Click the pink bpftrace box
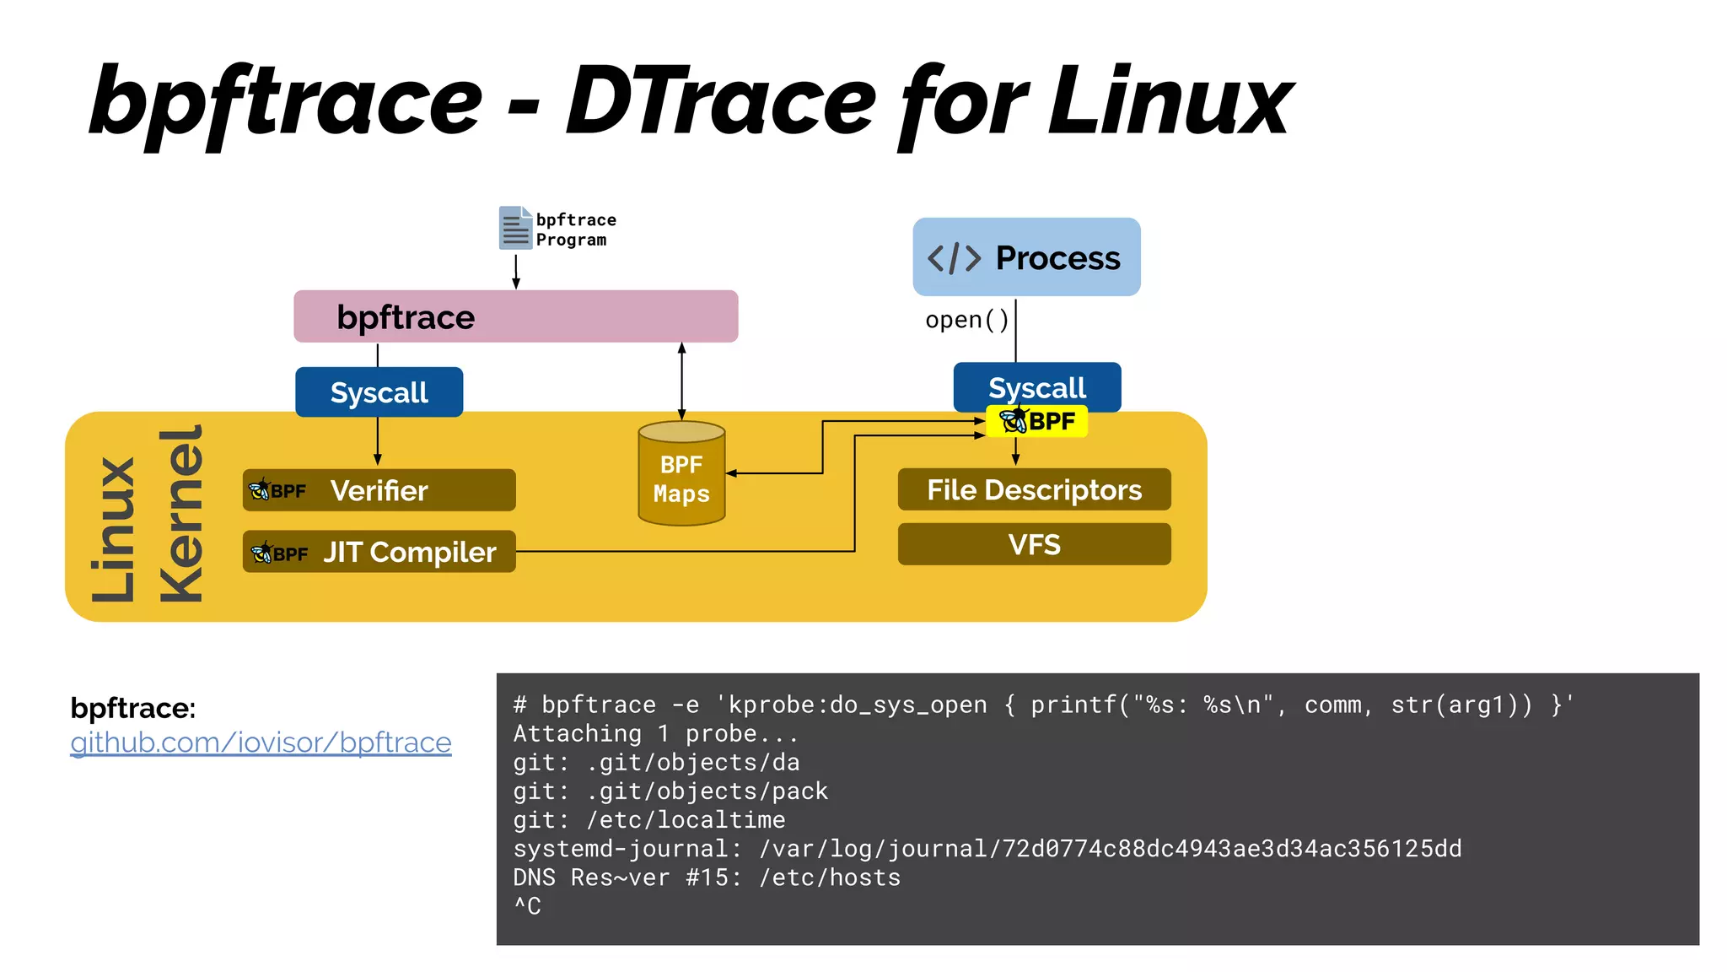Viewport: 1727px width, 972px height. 515,316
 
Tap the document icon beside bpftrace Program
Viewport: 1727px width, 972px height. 514,228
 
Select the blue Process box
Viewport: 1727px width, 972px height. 1026,256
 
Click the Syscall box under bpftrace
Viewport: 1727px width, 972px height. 379,392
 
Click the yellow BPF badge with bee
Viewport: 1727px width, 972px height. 1036,421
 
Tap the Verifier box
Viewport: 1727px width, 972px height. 379,490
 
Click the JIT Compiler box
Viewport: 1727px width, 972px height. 379,552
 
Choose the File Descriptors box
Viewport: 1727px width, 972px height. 1034,490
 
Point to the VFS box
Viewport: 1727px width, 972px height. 1034,544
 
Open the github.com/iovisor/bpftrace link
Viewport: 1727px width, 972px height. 261,742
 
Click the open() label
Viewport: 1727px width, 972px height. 966,320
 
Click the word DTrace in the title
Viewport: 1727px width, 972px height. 721,101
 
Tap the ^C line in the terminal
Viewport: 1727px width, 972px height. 527,906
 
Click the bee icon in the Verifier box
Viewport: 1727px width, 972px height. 259,489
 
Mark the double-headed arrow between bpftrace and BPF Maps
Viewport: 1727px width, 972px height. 681,381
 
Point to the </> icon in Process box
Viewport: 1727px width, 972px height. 954,258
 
